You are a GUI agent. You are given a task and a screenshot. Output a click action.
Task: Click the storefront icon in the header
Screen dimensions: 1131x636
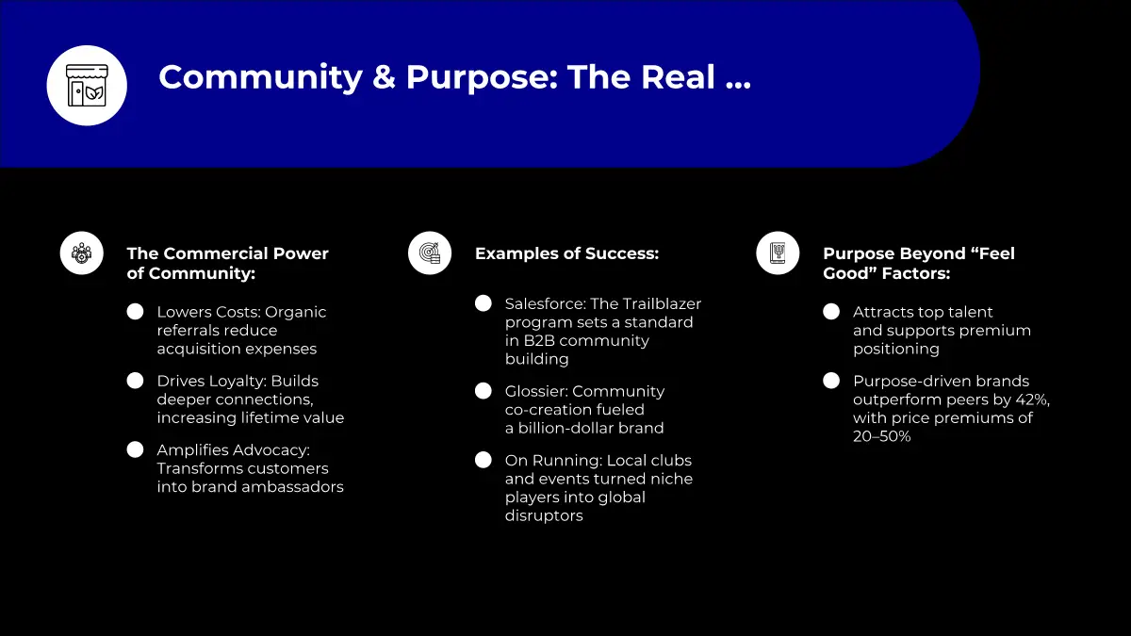tap(87, 86)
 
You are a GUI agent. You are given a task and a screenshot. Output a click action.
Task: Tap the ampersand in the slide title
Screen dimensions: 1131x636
tap(384, 77)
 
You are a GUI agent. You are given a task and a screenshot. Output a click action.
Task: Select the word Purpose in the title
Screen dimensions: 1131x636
tap(482, 78)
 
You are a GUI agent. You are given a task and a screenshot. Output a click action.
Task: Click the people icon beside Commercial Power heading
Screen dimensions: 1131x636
tap(82, 253)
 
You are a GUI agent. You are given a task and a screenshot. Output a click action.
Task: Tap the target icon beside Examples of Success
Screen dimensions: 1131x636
tap(430, 253)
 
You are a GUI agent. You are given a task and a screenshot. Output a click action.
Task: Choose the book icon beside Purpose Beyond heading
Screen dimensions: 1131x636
tap(778, 253)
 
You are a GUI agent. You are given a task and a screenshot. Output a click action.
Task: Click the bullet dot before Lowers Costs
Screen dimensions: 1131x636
tap(136, 312)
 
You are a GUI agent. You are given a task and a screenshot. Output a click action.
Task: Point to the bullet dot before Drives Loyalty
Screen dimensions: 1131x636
tap(136, 381)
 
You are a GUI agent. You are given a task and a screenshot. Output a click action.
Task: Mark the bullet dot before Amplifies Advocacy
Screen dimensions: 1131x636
tap(136, 449)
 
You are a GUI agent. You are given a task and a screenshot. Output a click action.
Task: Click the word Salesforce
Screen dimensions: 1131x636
tap(546, 303)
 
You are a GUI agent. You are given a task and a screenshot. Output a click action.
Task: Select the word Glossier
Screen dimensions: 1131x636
tap(535, 391)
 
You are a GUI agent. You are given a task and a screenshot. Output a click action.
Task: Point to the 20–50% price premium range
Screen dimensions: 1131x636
tap(882, 436)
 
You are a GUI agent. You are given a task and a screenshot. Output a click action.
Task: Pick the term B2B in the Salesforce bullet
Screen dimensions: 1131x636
tap(539, 341)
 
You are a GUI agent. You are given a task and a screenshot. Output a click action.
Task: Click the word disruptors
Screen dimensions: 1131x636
tap(544, 516)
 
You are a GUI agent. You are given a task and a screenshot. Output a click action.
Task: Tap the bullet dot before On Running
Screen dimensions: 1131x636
tap(484, 460)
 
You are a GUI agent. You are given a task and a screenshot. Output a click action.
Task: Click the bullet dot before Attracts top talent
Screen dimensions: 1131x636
tap(831, 312)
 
